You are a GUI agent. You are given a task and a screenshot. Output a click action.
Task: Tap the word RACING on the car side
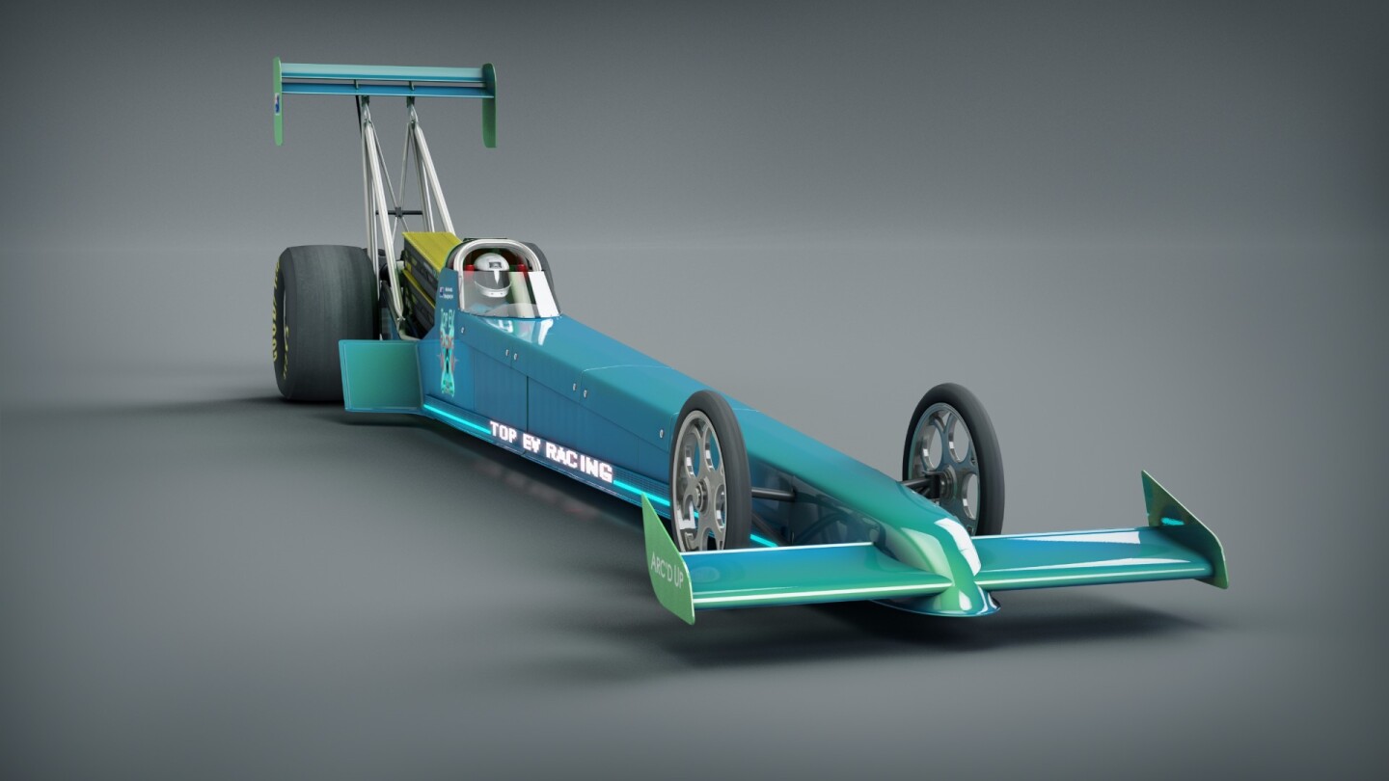579,460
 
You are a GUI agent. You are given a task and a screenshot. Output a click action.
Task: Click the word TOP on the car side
503,432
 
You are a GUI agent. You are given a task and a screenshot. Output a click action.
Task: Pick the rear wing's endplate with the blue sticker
278,101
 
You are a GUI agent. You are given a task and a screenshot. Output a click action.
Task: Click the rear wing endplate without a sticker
490,105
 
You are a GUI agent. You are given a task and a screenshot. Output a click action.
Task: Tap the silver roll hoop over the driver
492,246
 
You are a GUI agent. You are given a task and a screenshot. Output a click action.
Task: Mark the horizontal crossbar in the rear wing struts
405,211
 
